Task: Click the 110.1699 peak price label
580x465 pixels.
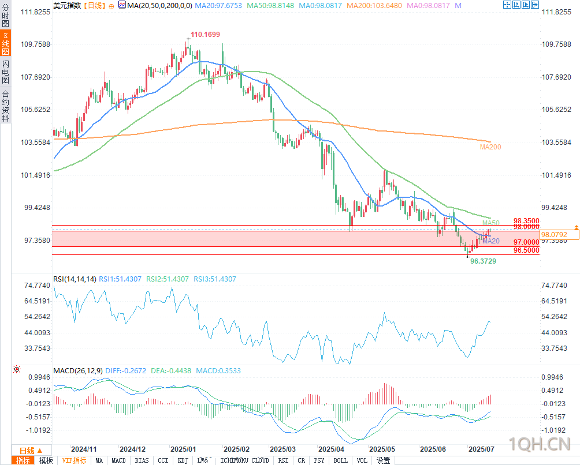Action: point(205,35)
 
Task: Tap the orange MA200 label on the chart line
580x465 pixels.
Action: point(490,147)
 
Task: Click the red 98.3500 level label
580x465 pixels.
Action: point(526,221)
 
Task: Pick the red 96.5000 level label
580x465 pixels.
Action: point(526,250)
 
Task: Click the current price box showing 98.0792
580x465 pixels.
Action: point(560,234)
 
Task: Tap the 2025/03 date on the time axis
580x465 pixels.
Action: point(283,449)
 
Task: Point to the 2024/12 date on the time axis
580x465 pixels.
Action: point(133,449)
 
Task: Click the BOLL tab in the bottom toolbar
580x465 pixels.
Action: point(340,460)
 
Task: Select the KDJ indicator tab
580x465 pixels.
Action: point(183,460)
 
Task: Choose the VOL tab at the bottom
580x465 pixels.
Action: point(362,460)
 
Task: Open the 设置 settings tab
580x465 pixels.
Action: point(383,460)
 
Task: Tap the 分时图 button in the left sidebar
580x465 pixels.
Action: point(5,16)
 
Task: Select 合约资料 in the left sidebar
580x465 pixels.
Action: point(5,106)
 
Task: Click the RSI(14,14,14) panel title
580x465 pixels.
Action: point(75,279)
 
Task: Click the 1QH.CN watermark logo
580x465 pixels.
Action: point(541,444)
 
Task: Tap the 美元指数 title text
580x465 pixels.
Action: point(66,5)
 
